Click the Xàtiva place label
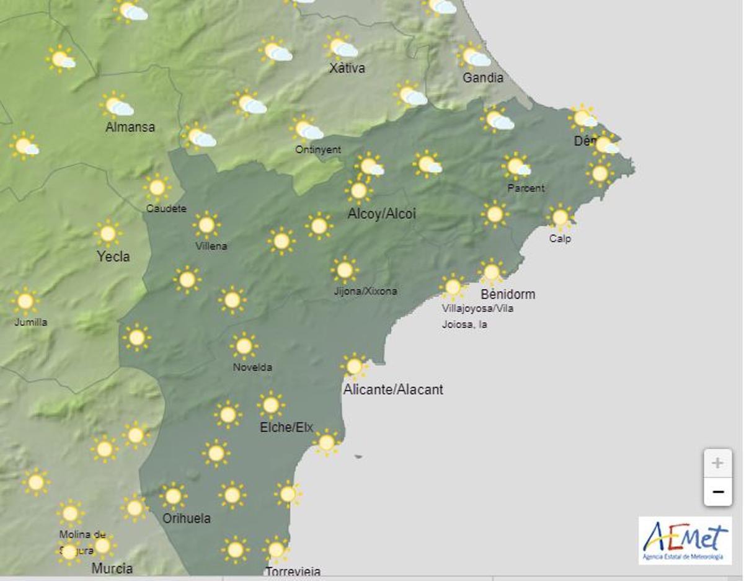coord(347,68)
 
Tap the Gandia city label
coord(483,78)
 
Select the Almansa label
coord(130,128)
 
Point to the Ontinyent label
coord(317,149)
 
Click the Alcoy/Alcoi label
coord(381,215)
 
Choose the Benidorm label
coord(508,294)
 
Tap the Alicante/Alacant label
coord(393,390)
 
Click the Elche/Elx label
coord(286,427)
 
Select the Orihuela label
coord(186,518)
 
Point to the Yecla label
coord(113,256)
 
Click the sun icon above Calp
coord(560,218)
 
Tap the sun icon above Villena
coord(206,225)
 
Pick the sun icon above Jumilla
coord(25,301)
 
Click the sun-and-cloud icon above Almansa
coord(117,106)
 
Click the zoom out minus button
coord(717,492)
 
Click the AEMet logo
coord(684,541)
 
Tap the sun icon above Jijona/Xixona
coord(344,270)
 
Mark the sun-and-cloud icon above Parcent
coord(516,166)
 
